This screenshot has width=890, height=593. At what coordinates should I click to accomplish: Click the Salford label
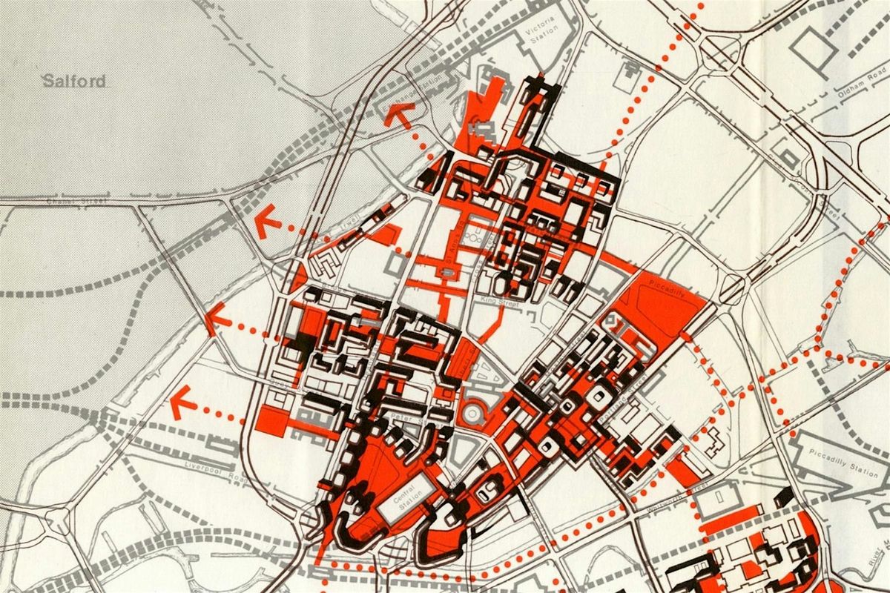[74, 81]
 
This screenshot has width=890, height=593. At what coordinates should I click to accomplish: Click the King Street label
[501, 302]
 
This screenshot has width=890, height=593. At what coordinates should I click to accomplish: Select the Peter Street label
[400, 420]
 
